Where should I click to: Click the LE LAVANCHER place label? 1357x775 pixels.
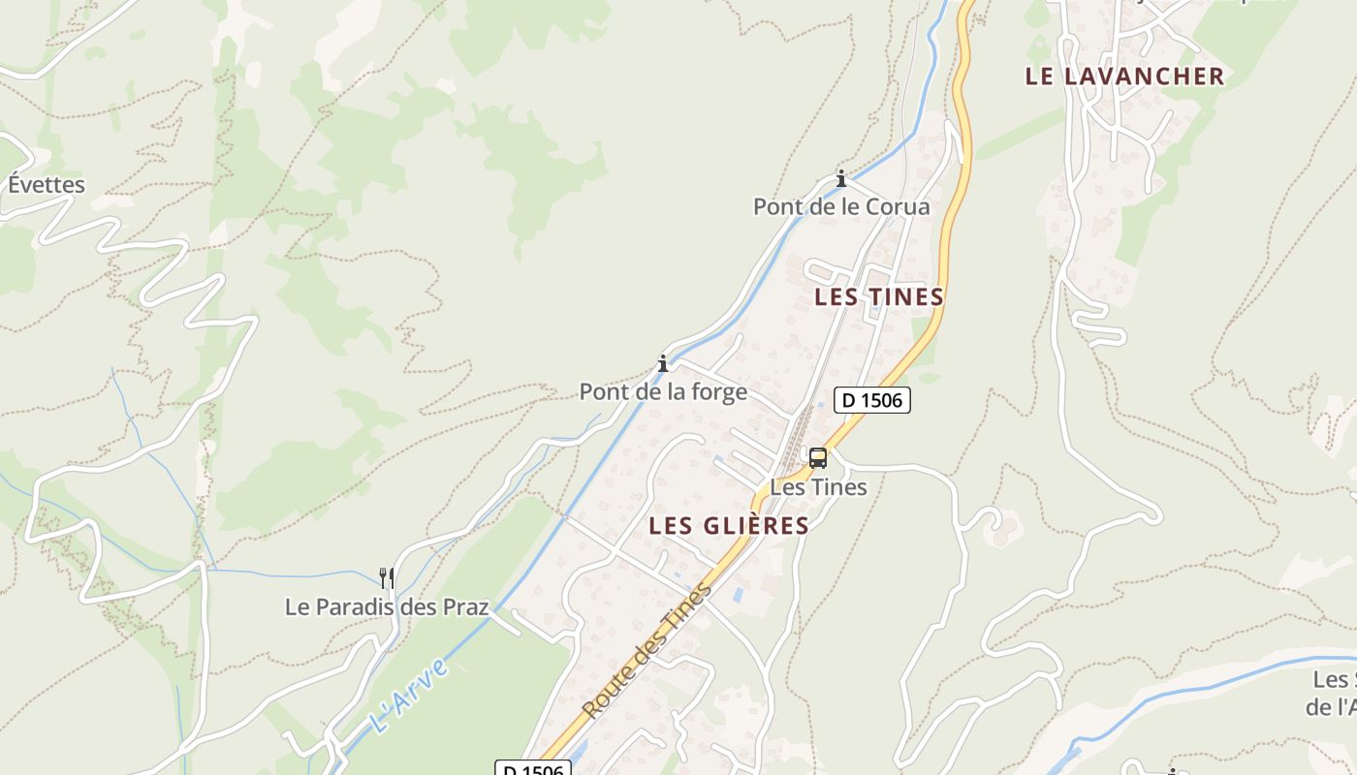pos(1124,76)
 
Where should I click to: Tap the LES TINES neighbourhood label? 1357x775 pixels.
pos(879,296)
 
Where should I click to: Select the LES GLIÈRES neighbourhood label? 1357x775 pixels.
pos(729,525)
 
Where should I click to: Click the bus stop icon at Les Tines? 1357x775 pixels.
pos(818,457)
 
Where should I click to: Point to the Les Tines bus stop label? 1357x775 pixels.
pos(818,486)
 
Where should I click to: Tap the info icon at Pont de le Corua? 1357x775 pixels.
pos(841,178)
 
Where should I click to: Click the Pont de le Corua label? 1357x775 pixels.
pos(841,206)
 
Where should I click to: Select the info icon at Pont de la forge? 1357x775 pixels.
pos(663,363)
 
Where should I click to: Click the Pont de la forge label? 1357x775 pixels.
pos(663,391)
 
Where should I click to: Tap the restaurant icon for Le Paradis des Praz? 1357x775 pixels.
pos(386,578)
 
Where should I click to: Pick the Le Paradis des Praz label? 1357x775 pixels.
pos(386,606)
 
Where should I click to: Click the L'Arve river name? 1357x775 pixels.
pos(410,695)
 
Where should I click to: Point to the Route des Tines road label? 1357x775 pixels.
pos(647,650)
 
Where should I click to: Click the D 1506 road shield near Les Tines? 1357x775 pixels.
pos(872,399)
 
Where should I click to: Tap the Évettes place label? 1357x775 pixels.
pos(47,184)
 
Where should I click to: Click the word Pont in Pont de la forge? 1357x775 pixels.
pos(603,391)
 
